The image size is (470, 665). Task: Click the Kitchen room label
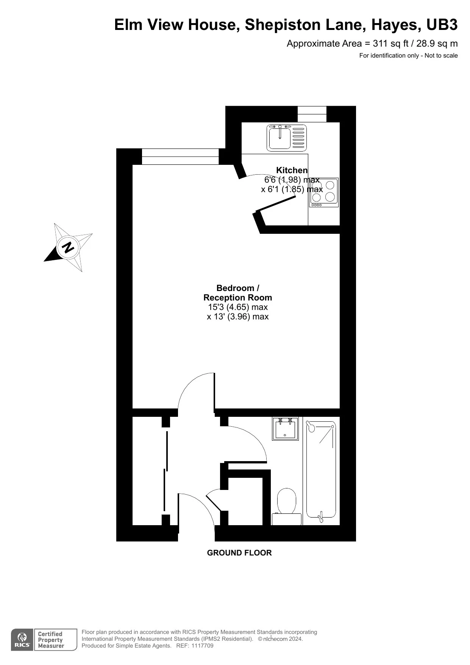click(x=292, y=170)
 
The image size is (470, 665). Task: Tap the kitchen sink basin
click(x=280, y=138)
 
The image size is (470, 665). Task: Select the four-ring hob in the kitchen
click(x=324, y=192)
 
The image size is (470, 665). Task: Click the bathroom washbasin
click(x=285, y=429)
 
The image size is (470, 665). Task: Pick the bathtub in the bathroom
click(x=321, y=470)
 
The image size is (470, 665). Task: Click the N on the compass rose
click(x=68, y=247)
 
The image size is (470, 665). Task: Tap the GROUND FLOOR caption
click(x=239, y=553)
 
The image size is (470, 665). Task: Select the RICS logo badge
click(x=22, y=640)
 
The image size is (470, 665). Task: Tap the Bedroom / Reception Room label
click(x=238, y=293)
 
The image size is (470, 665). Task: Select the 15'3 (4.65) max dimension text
click(x=238, y=307)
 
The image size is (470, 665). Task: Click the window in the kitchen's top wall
click(x=312, y=114)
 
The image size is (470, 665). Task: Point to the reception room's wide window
click(x=180, y=156)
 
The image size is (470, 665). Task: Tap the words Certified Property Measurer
click(x=51, y=640)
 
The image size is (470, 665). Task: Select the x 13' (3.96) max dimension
click(x=238, y=317)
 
